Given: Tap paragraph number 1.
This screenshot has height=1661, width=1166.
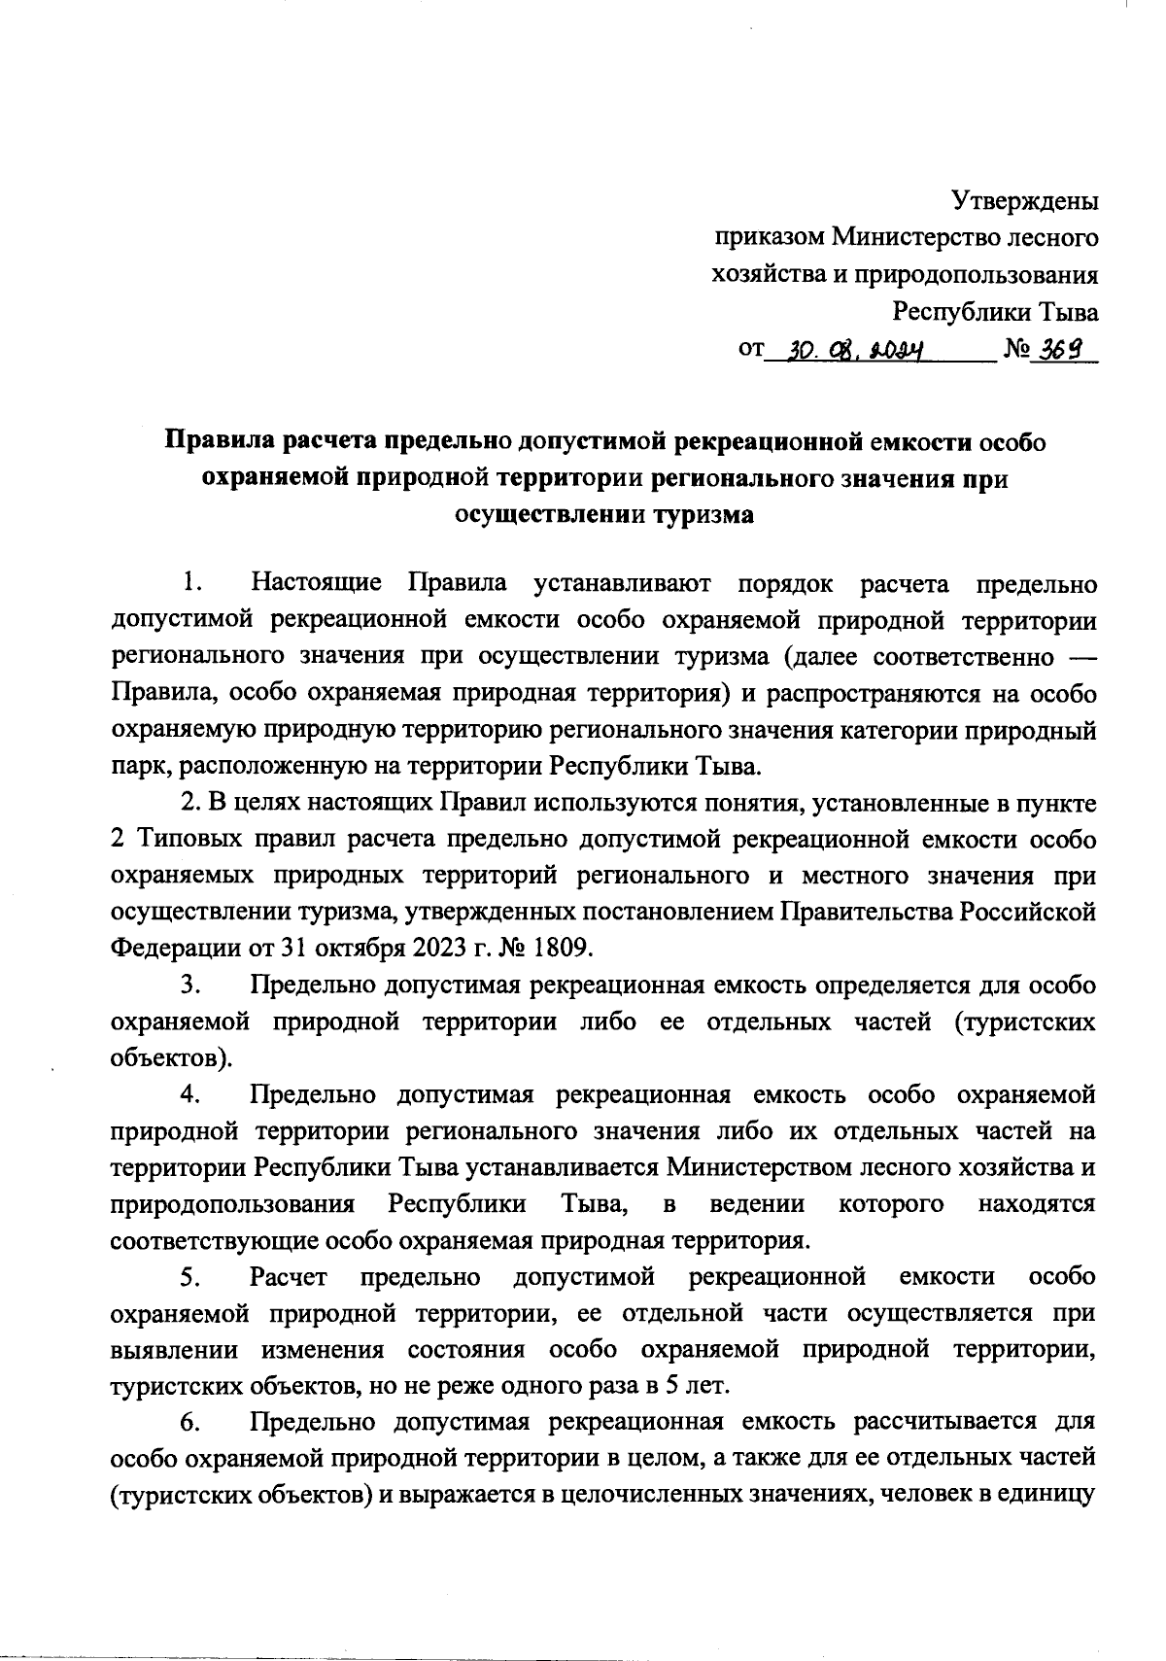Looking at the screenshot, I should tap(190, 584).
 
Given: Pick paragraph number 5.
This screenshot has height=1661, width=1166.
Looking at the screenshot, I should tap(190, 1276).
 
